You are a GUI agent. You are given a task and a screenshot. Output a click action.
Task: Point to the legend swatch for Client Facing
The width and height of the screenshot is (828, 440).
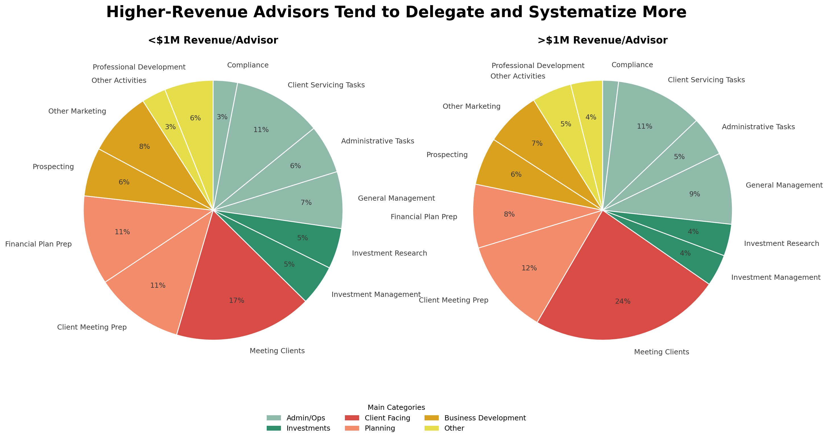(x=352, y=418)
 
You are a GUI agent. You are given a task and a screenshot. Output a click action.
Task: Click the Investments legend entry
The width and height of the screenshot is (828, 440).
(x=308, y=428)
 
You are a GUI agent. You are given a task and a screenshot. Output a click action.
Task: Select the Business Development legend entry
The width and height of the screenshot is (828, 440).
(x=485, y=418)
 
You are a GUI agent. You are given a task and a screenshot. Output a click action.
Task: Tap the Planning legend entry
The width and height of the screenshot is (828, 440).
(x=380, y=428)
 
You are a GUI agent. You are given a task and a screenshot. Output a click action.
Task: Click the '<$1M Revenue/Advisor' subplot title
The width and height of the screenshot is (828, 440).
(x=213, y=40)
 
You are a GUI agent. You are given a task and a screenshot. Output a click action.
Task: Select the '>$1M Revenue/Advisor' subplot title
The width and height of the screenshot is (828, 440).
(x=602, y=40)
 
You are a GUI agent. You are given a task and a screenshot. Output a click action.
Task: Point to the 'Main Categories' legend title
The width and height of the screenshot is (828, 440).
(x=396, y=408)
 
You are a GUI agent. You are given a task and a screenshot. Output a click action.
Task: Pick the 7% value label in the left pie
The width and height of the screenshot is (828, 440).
(x=306, y=203)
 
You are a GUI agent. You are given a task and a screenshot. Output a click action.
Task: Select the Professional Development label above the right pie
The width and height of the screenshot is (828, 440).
(x=538, y=66)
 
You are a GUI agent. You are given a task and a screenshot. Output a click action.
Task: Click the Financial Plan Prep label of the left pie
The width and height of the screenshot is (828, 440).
(x=38, y=244)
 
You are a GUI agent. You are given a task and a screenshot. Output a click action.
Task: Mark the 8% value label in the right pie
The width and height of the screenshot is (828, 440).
(x=509, y=215)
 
